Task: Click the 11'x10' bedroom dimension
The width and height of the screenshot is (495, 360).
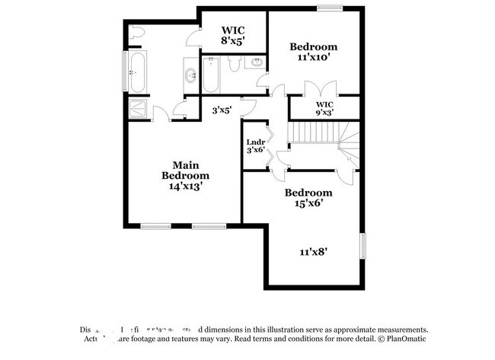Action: pos(313,56)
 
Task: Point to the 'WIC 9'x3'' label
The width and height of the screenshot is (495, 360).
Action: pos(325,108)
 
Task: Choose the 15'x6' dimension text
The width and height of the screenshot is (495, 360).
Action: pos(308,202)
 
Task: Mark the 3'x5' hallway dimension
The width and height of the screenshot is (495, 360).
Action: pos(222,110)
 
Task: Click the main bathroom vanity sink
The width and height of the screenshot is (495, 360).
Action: pos(190,75)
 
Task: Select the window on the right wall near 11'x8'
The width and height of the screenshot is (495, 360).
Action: pos(364,245)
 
